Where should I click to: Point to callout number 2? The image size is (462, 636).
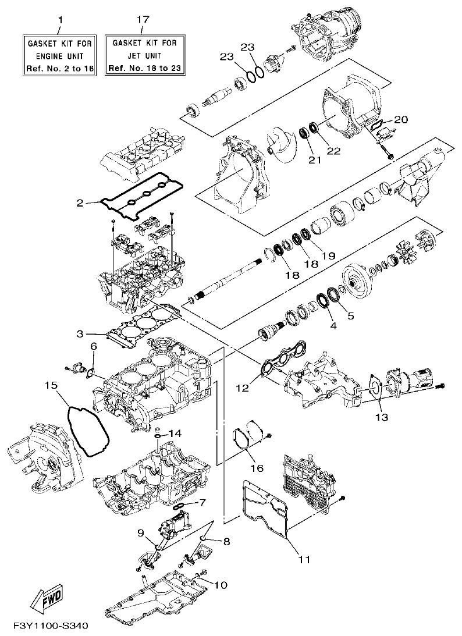[x=80, y=203]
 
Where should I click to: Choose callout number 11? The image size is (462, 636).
[x=304, y=560]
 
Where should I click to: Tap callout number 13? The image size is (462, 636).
[x=381, y=417]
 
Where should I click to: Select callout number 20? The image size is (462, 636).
[x=401, y=119]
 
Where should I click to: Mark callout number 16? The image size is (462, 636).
[x=257, y=468]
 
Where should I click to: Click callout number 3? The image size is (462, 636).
[x=81, y=333]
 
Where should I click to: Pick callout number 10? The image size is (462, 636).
[x=220, y=584]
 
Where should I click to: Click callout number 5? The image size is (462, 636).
[x=350, y=317]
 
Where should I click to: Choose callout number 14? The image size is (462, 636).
[x=176, y=433]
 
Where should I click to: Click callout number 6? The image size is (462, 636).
[x=93, y=347]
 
